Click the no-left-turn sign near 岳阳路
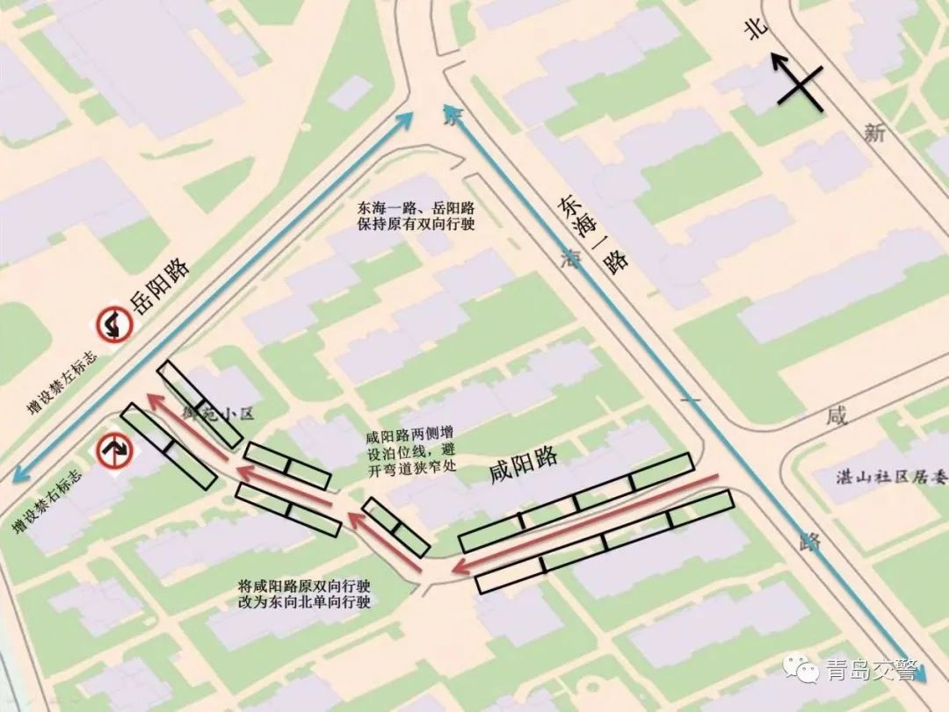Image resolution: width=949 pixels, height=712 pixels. [x=114, y=325]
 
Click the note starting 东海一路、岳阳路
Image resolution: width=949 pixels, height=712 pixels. [x=416, y=217]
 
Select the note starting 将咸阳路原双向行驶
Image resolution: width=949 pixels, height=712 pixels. [x=305, y=593]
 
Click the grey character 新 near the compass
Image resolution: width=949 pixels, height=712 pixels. [x=873, y=133]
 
